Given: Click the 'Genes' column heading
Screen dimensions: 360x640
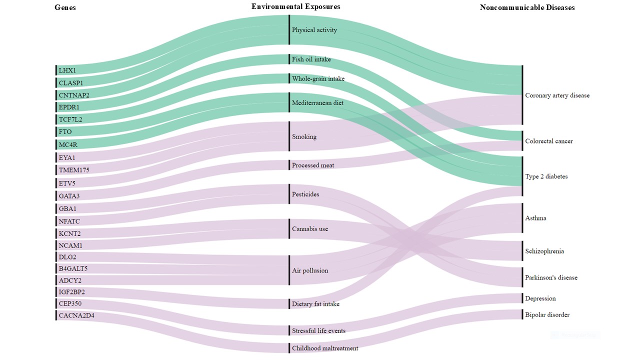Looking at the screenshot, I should [65, 7].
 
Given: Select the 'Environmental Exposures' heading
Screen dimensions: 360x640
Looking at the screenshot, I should [295, 6].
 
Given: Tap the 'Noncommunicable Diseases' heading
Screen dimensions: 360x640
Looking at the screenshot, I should [527, 7].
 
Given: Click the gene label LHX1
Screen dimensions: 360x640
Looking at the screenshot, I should [67, 70].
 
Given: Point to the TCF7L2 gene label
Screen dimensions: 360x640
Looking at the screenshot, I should [70, 119].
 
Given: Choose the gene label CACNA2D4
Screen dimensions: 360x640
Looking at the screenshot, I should [76, 315].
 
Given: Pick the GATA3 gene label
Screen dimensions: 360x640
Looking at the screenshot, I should [69, 196].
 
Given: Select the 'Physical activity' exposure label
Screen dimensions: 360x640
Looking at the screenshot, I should [314, 30].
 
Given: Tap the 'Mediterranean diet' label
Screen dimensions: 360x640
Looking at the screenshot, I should [317, 103].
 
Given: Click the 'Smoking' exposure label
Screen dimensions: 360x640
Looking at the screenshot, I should [304, 136].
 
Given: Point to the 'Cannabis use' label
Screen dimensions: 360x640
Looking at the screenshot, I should [310, 229].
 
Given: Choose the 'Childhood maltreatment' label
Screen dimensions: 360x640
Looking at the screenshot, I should [325, 348].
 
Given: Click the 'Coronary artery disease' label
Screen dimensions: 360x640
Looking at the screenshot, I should [557, 95].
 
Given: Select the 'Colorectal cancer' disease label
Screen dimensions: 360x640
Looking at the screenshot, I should [549, 141].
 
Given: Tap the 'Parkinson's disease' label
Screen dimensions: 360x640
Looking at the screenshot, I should [551, 277].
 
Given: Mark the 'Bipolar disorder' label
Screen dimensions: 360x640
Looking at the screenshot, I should [547, 315].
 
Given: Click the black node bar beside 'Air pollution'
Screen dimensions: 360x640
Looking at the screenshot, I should [289, 270].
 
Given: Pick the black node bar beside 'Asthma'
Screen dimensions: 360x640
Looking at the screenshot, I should [522, 218].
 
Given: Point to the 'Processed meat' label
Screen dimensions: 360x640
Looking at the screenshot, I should [313, 165].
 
